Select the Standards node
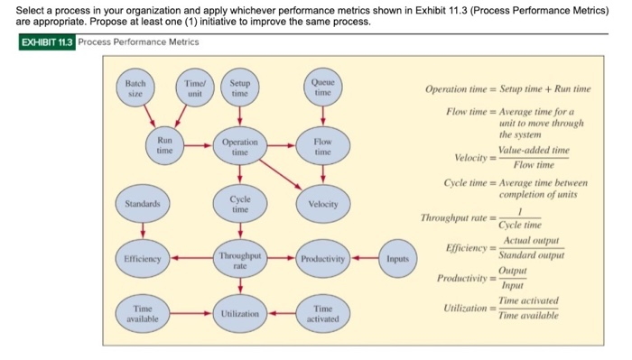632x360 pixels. point(140,203)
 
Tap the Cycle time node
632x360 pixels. point(239,203)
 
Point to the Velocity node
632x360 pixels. point(322,204)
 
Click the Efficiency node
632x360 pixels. point(141,259)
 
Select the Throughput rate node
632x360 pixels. point(240,260)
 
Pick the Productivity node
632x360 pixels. point(322,260)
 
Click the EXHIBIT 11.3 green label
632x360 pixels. point(47,42)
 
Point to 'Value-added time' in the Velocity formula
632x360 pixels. point(534,150)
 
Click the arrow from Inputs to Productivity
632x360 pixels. point(364,260)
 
